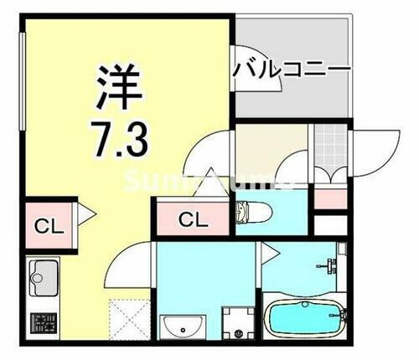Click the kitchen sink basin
click(x=43, y=273)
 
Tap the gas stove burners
click(x=42, y=323)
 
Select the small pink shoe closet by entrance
click(x=329, y=198)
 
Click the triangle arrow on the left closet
click(x=83, y=217)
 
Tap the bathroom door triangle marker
click(x=266, y=249)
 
